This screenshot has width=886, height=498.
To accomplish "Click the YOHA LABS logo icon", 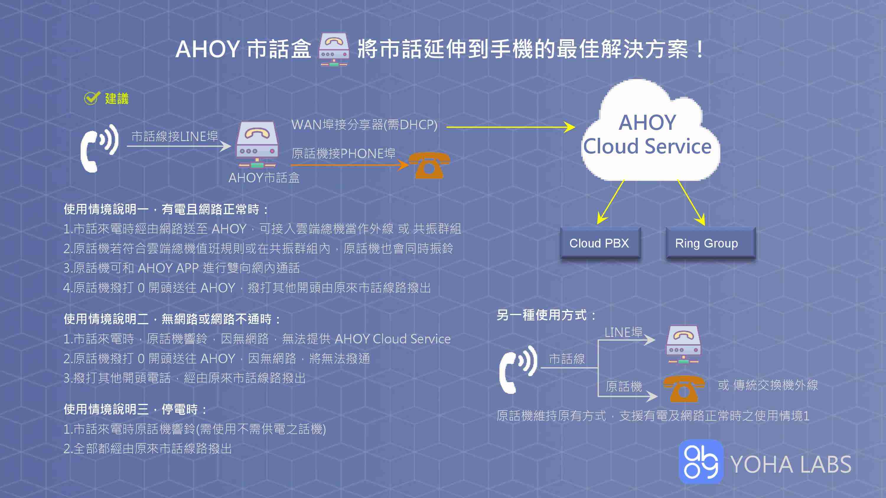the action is point(701,462).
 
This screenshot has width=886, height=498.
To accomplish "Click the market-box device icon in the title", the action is point(333,50).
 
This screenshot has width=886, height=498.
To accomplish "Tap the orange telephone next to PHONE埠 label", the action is point(429,165).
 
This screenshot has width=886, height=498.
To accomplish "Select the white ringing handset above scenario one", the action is point(99,148).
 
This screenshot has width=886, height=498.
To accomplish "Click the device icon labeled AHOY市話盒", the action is point(257,144).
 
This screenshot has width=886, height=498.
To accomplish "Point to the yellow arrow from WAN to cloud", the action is point(511,127).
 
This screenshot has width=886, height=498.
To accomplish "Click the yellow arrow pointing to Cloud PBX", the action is point(611,202).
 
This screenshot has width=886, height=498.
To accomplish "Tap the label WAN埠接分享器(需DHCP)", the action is point(364,125).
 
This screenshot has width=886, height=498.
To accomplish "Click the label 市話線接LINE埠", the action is point(175,136).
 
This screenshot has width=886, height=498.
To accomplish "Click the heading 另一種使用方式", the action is point(546,315).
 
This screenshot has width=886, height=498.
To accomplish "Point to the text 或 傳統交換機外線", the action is point(768,385).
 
